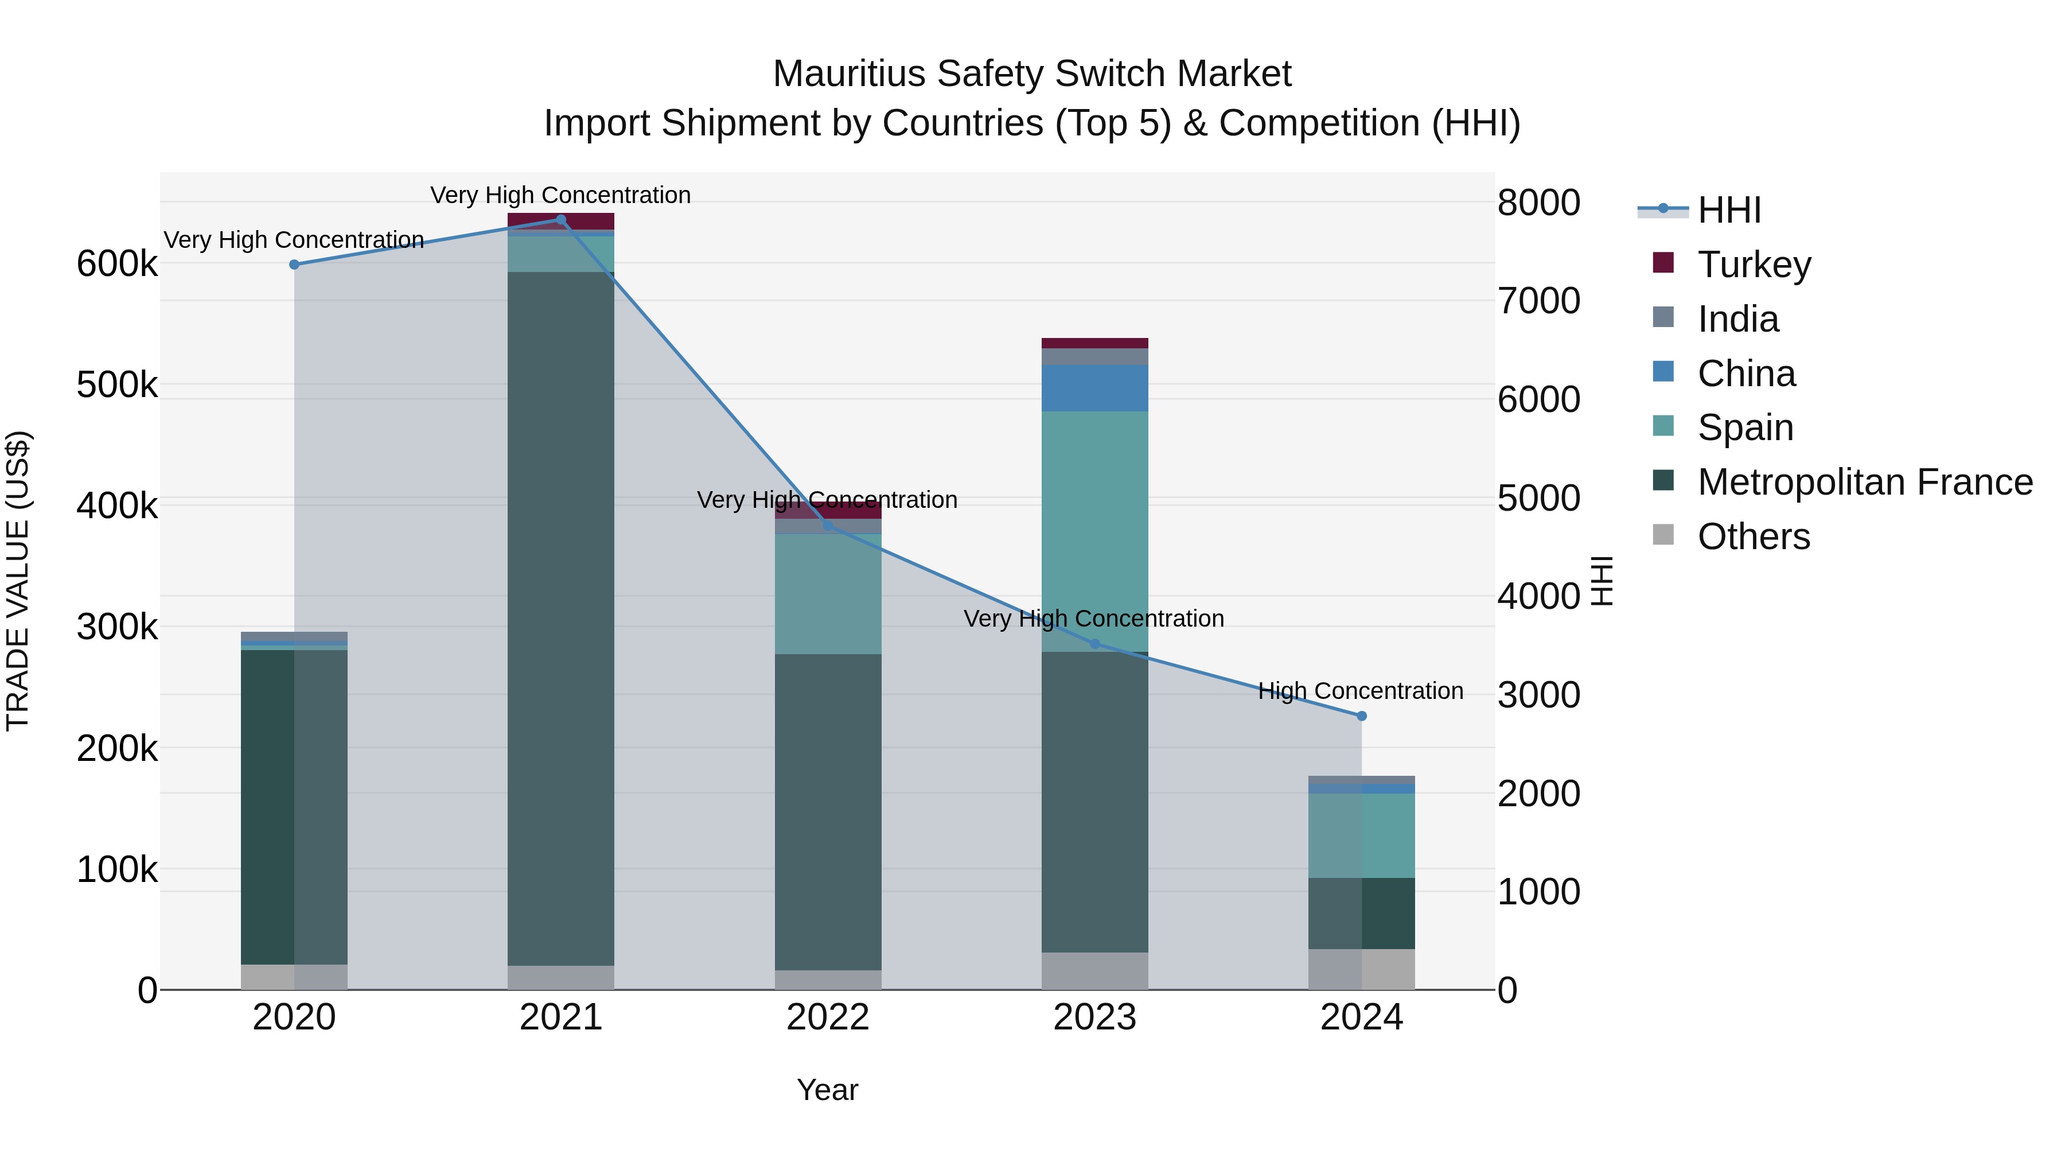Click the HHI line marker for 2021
[x=561, y=220]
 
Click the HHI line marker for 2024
[x=1361, y=716]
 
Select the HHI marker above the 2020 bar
[x=294, y=265]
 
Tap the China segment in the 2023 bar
[x=1094, y=388]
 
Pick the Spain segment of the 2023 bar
[x=1094, y=529]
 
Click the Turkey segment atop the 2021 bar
[x=561, y=220]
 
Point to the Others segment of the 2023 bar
[x=1094, y=970]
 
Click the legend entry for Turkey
[x=1754, y=265]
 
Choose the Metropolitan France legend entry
[x=1865, y=482]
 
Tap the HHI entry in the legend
[x=1729, y=210]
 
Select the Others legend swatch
[x=1663, y=535]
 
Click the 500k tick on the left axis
[x=117, y=386]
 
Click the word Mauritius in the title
[x=849, y=75]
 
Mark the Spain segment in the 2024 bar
[x=1361, y=835]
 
